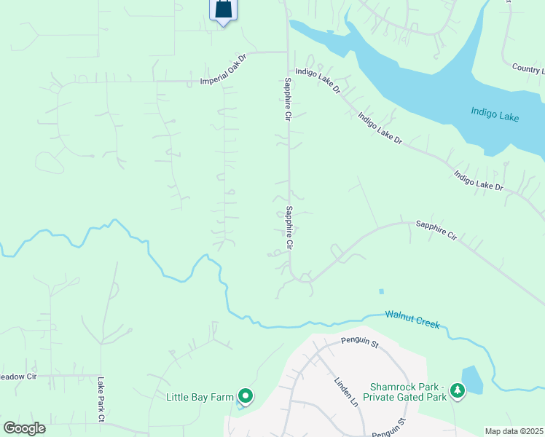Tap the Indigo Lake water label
click(x=495, y=114)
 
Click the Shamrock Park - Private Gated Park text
click(x=407, y=392)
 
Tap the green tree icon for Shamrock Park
click(x=458, y=391)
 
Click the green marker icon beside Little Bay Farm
click(x=246, y=396)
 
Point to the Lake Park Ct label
click(x=101, y=399)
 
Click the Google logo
click(x=24, y=428)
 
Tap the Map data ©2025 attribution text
click(x=513, y=431)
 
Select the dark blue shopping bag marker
click(x=223, y=9)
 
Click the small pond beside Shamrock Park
click(x=472, y=379)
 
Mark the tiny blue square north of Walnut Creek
click(x=381, y=291)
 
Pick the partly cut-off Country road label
click(x=528, y=68)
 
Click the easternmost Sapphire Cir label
click(x=436, y=231)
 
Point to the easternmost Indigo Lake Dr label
click(x=478, y=181)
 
